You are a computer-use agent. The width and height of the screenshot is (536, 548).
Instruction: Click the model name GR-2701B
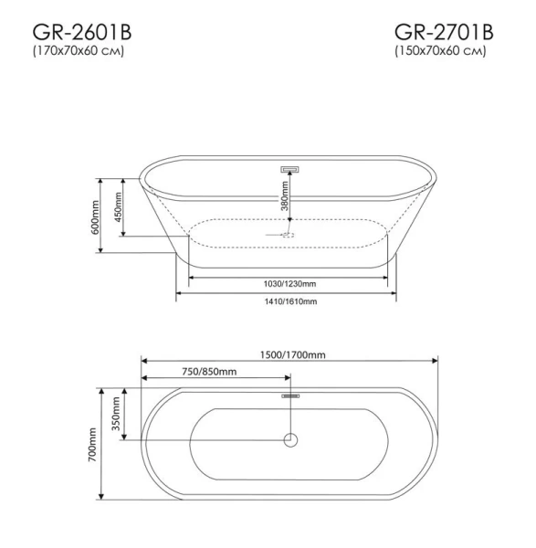click(444, 32)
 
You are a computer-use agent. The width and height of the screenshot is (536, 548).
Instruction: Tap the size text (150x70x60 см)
click(439, 50)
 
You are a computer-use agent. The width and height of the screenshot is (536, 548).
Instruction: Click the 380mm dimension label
click(284, 195)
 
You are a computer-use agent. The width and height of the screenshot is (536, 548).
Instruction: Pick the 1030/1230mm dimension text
click(285, 283)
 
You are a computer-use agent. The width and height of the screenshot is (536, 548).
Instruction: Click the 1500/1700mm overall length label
click(289, 354)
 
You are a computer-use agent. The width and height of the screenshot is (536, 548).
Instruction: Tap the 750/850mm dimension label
click(208, 371)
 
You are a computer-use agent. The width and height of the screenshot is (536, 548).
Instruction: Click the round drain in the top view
click(290, 440)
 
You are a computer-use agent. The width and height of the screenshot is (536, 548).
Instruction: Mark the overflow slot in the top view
click(290, 395)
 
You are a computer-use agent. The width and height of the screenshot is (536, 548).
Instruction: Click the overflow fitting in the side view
click(290, 169)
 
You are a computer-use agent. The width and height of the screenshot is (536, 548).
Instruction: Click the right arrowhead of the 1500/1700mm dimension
click(436, 361)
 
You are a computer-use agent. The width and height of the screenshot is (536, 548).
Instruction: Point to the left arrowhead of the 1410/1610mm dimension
click(179, 293)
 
